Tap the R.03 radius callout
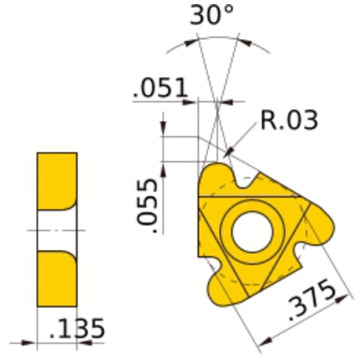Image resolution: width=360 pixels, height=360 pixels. coord(288,120)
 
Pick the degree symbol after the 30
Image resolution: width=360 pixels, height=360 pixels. coord(230,11)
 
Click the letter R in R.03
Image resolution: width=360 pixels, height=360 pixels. coord(268,120)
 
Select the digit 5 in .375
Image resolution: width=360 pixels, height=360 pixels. coord(327,289)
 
